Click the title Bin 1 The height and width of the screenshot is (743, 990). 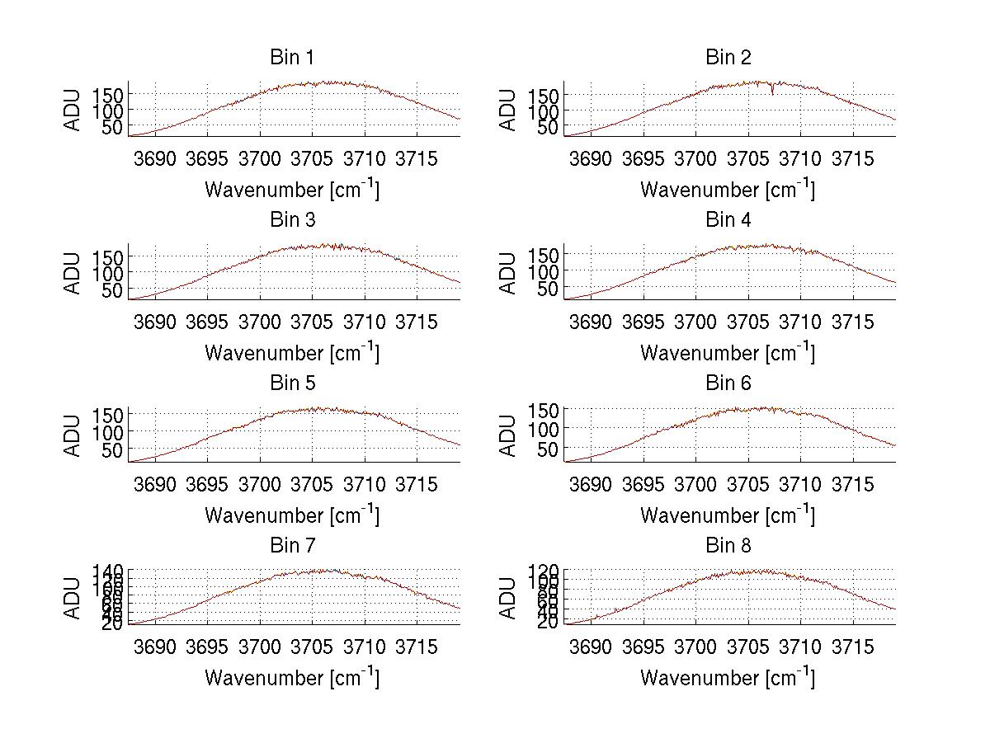coord(291,57)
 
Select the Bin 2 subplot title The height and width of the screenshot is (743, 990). coord(728,57)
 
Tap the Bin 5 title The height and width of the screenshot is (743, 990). coord(291,383)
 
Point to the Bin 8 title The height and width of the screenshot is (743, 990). coord(728,546)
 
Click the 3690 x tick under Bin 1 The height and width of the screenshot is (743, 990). coord(155,159)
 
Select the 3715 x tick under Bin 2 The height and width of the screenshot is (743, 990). coord(852,159)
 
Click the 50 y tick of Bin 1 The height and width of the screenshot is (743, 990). coord(112,127)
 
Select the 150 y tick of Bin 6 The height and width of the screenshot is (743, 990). coord(548,410)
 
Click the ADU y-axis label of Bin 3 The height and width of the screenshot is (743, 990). coord(73,273)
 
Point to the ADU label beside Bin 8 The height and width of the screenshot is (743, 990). coord(509,598)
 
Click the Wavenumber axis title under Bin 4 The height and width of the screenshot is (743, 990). coord(728,353)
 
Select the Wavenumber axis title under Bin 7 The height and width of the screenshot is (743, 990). coord(291,678)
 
